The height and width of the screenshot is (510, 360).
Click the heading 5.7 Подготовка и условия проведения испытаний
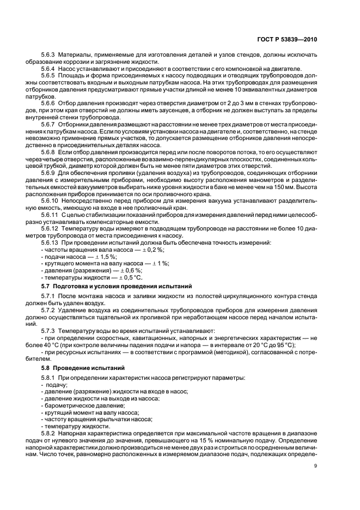coord(116,286)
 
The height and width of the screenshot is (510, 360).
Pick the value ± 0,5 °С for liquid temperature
coord(125,277)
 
